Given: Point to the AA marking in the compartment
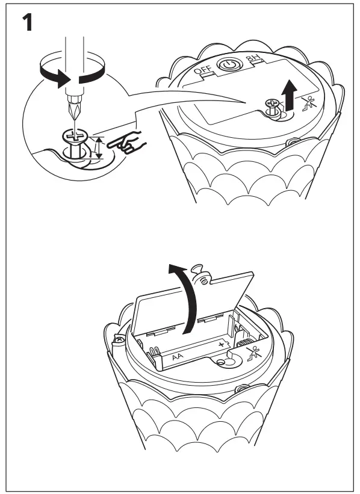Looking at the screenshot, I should pos(178,357).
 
